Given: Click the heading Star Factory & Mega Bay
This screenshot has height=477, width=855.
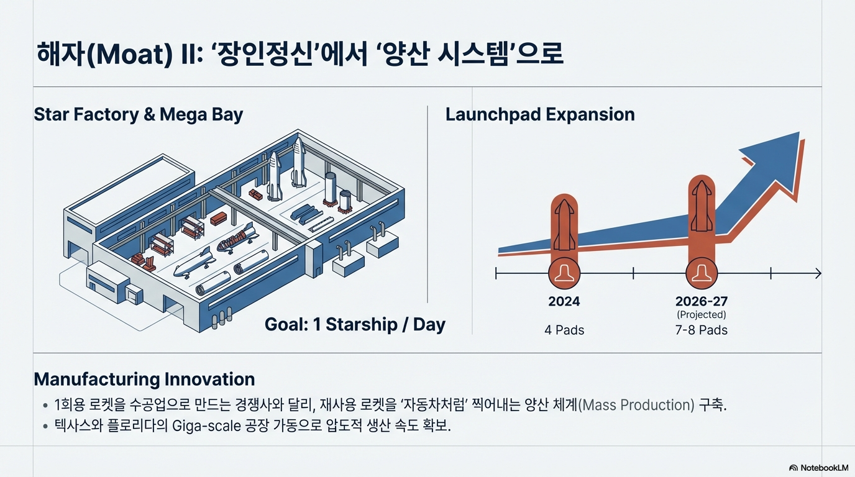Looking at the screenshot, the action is coord(138,114).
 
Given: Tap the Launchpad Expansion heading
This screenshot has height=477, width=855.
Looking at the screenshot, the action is coord(540,114).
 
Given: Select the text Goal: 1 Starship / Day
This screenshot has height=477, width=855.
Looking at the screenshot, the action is coord(355,324).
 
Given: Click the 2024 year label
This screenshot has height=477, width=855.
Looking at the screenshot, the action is coord(564,301).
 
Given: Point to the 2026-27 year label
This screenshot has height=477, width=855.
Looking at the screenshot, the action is coord(702,301).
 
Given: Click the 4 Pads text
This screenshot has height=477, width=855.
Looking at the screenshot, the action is coord(564,330).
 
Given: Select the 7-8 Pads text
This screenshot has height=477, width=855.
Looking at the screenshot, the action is coord(702,330).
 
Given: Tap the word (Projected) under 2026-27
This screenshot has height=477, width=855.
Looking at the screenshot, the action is coord(702,315).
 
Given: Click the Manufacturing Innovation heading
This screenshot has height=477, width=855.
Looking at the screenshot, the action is coord(144,379).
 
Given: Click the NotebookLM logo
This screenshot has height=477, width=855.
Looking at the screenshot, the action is coord(818,468).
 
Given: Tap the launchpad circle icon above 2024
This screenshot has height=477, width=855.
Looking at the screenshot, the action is coord(564,273).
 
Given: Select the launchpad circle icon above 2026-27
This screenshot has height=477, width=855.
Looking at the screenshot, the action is coord(702,273).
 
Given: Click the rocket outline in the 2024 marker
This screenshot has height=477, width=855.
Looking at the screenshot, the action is coord(564,225).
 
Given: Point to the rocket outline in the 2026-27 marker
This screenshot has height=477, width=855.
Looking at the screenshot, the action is coord(702,206).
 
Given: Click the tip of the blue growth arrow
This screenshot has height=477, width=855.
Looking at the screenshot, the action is coord(799,132).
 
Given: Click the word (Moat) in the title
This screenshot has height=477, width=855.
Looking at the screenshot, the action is coord(130,54).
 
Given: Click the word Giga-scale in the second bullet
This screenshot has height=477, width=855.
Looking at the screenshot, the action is coord(206,426).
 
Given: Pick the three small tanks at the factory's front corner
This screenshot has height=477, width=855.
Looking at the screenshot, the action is coord(222,317).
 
